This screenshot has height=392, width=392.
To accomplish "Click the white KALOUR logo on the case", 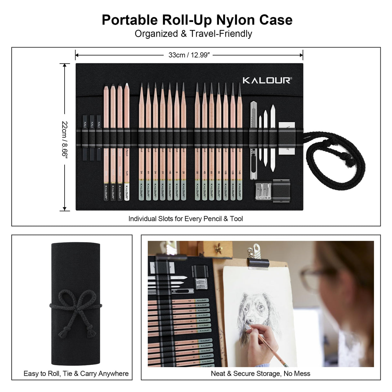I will pos(266,80).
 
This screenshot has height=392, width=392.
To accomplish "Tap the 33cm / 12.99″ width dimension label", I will pos(189,55).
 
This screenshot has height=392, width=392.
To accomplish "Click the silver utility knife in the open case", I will pos(254,139).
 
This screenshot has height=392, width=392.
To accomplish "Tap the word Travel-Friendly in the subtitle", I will pos(221,34).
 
